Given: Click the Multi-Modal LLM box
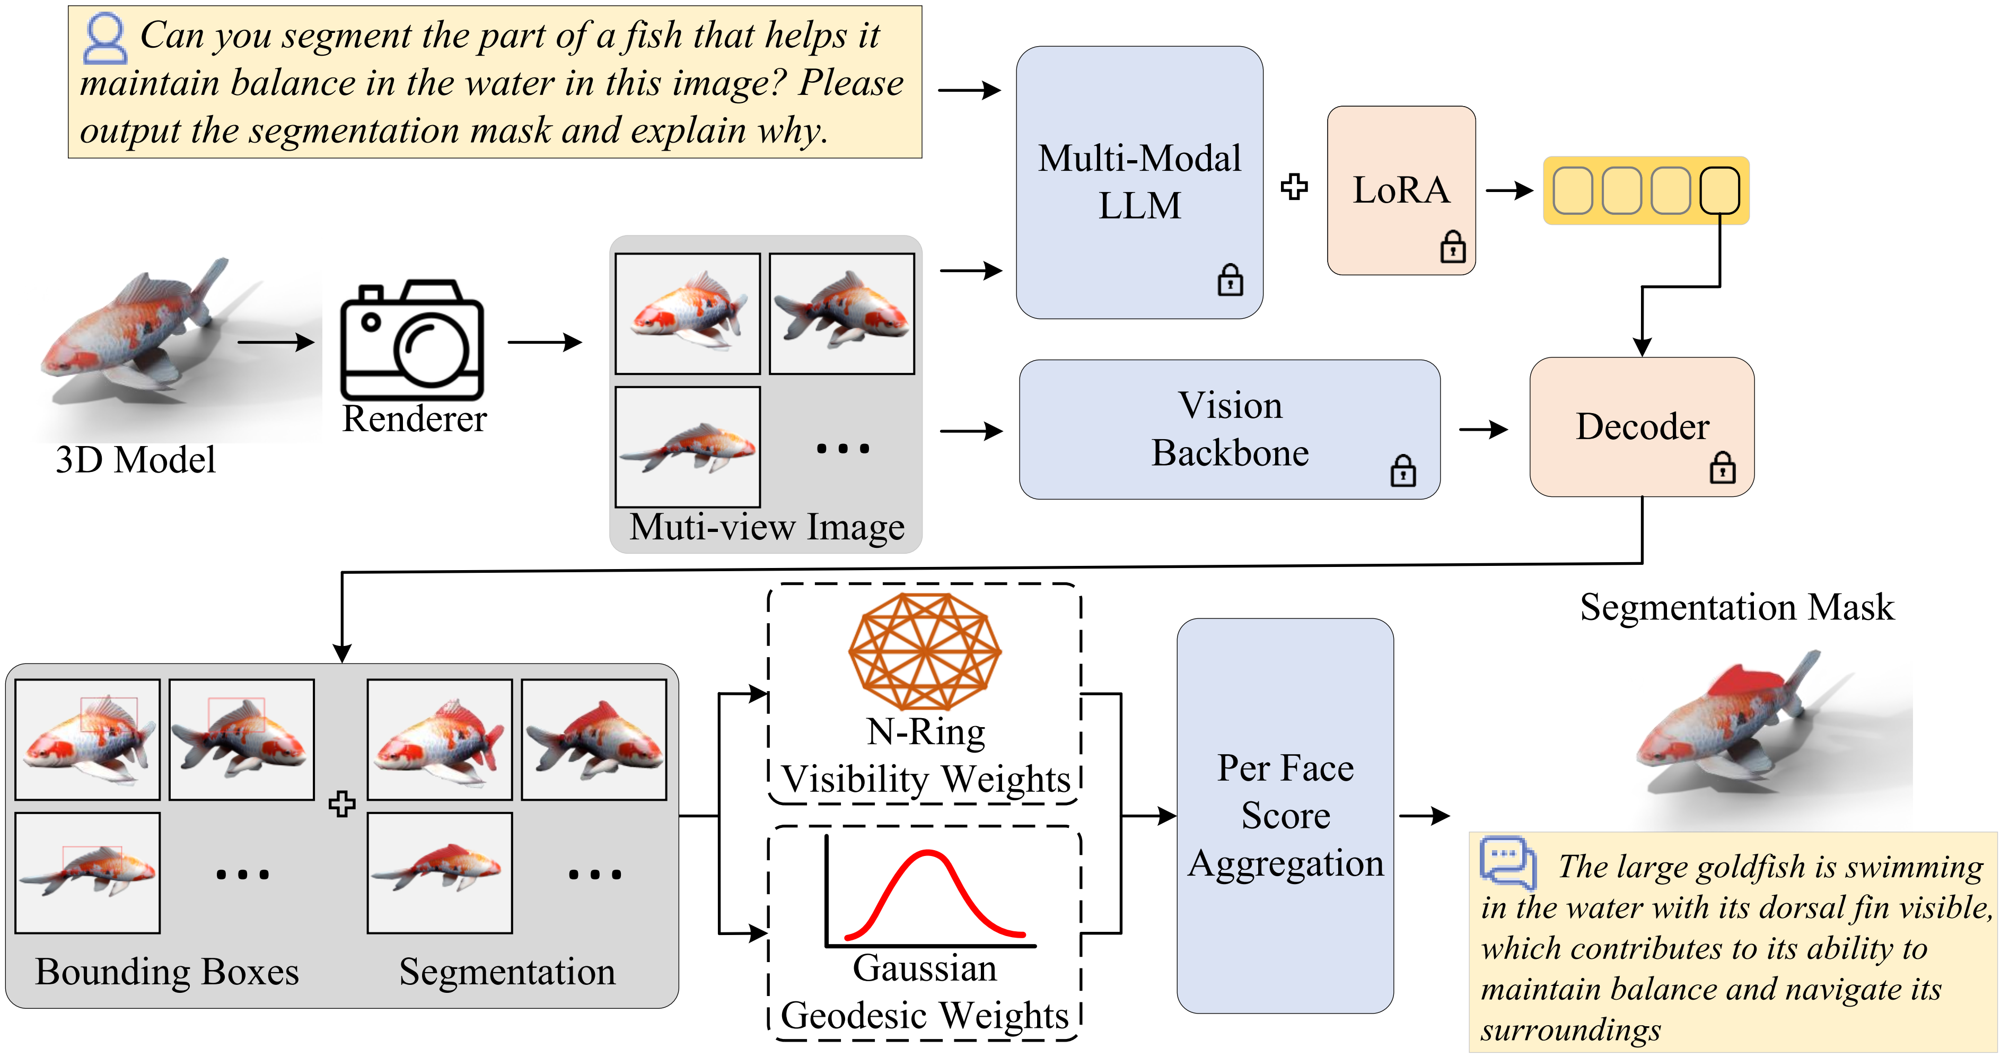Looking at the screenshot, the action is coord(1139,182).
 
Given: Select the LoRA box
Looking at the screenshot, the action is coord(1401,190).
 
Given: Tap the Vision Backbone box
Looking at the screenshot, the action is coord(1229,429).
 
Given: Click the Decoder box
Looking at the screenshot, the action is coord(1642,427).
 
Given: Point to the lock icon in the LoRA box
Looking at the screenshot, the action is coord(1453,247).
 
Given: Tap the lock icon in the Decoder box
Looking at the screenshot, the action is coord(1722,467).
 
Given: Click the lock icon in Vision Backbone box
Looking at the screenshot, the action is coord(1403,470).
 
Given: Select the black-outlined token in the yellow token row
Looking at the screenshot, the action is coord(1719,190).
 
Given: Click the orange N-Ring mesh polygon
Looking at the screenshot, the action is coord(924,651).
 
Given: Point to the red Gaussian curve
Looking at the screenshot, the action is coord(934,894).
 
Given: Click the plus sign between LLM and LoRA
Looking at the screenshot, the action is coord(1294,187).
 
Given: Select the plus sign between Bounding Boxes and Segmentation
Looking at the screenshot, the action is coord(342,803).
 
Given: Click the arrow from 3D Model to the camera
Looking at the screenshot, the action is coord(276,342).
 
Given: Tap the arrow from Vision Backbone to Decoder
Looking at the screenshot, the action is coord(1484,429).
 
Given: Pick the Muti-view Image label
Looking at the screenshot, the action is coord(767,527).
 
